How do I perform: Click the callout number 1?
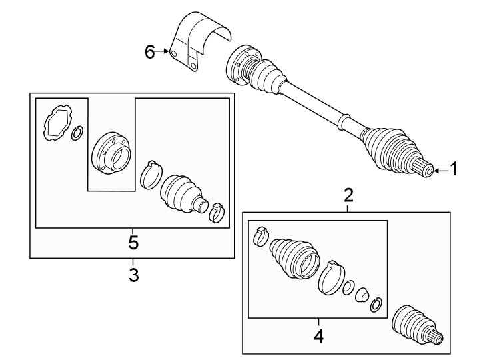(454, 170)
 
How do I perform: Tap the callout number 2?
(348, 195)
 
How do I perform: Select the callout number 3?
(133, 274)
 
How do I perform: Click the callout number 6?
(150, 51)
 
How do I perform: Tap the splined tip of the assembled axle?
(426, 171)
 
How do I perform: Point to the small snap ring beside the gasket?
(77, 134)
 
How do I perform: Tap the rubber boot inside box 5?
(183, 193)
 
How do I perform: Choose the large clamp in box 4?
(331, 277)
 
